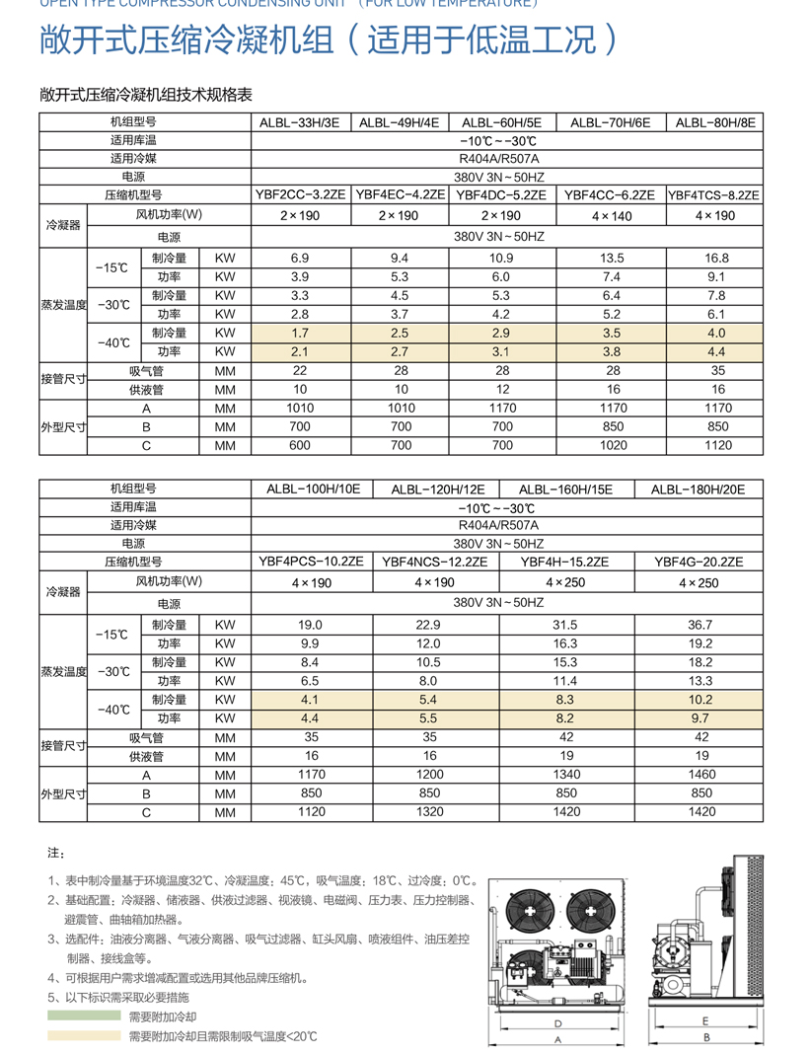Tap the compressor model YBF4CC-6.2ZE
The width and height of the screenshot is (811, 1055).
[609, 195]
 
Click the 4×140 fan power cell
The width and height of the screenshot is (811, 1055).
[609, 215]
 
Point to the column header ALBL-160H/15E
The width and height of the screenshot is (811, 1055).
[565, 489]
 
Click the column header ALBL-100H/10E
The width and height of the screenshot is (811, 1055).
[314, 489]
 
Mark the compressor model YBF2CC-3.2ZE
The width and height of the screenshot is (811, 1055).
[301, 195]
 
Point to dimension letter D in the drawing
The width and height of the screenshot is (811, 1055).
[558, 1022]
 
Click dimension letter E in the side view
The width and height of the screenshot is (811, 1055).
[706, 1021]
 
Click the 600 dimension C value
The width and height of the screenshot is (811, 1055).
[301, 446]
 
